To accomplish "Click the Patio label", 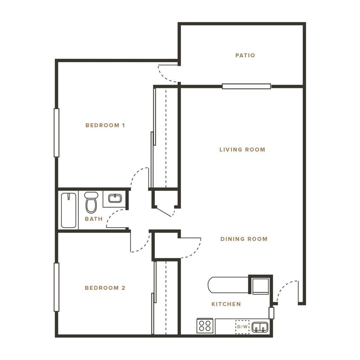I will click(245, 55).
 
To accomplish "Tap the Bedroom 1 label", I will click(105, 125).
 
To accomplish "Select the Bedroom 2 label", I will click(105, 288).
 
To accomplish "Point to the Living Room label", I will click(242, 150).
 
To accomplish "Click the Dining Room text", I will click(244, 239).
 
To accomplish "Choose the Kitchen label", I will click(226, 304).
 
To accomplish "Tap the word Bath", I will click(93, 219).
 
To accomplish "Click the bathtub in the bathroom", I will click(68, 210).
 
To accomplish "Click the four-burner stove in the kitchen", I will click(205, 326).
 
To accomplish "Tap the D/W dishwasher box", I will click(242, 327).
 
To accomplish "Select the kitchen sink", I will click(259, 327).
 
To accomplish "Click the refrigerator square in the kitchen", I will click(260, 286).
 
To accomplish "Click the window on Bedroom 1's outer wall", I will click(56, 132).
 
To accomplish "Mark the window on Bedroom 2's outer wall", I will click(56, 287).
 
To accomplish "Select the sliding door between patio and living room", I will click(246, 86).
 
